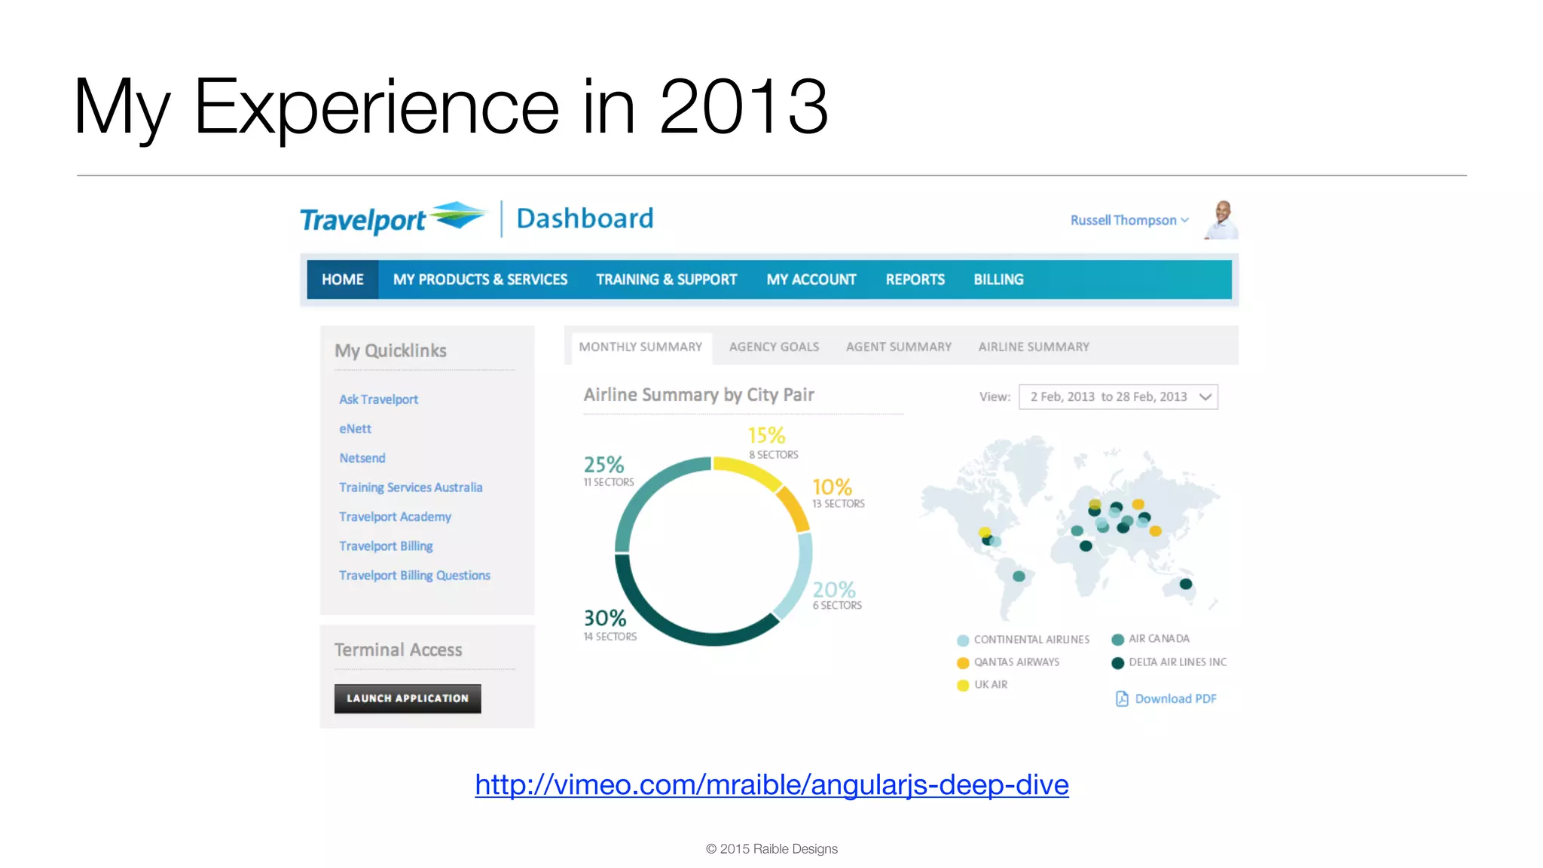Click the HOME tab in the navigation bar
(342, 280)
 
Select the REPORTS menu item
(915, 280)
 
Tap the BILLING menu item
(998, 280)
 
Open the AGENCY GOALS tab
(774, 347)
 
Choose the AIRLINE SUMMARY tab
(1034, 347)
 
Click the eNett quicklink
(355, 429)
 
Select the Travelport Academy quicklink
(395, 517)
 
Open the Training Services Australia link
(411, 487)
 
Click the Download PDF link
(1175, 699)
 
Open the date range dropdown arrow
(1205, 397)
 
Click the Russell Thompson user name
(1123, 220)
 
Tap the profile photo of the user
(1222, 220)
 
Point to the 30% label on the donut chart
(605, 619)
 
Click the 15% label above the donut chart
(766, 436)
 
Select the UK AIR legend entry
(990, 685)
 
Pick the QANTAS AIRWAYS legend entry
(1016, 662)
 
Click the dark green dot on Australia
(1186, 584)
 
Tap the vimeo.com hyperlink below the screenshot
(771, 785)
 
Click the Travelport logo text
(363, 220)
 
